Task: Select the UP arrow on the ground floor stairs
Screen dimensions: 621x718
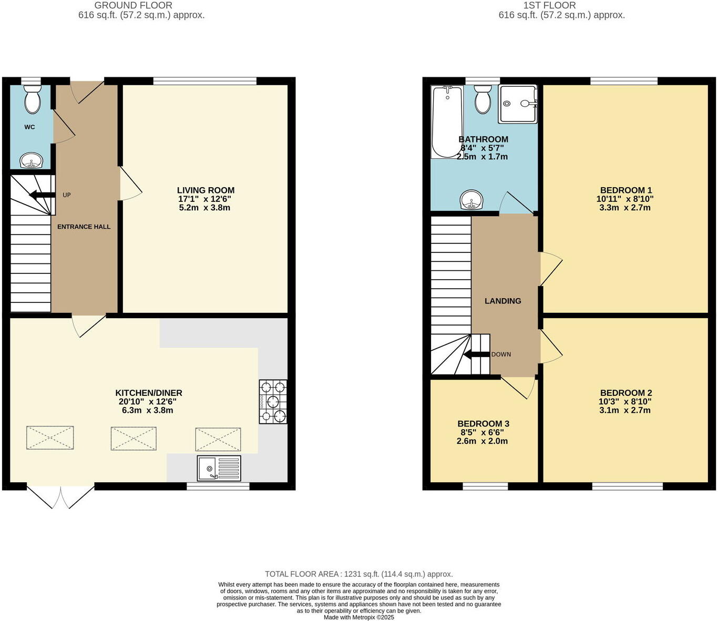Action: tap(42, 196)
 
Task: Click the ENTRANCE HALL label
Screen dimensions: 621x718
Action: tap(84, 227)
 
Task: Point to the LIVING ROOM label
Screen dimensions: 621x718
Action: tap(206, 190)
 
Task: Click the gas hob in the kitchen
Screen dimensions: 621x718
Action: tap(273, 402)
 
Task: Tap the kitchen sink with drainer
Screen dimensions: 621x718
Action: tap(219, 468)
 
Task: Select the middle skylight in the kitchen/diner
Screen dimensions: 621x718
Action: tap(134, 439)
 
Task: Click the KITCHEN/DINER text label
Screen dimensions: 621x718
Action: tap(149, 393)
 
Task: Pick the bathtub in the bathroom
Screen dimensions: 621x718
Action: tap(447, 122)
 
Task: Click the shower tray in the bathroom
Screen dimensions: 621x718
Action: tap(518, 104)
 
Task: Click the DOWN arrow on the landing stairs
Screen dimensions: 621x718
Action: tap(477, 354)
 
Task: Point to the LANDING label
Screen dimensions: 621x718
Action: tap(503, 301)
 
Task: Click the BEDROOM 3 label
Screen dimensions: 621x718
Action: tap(483, 424)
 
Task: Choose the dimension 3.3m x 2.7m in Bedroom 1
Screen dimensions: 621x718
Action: tap(625, 208)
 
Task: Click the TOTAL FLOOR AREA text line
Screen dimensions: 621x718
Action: tap(358, 574)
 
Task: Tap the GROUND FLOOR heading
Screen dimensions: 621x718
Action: tap(133, 5)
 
